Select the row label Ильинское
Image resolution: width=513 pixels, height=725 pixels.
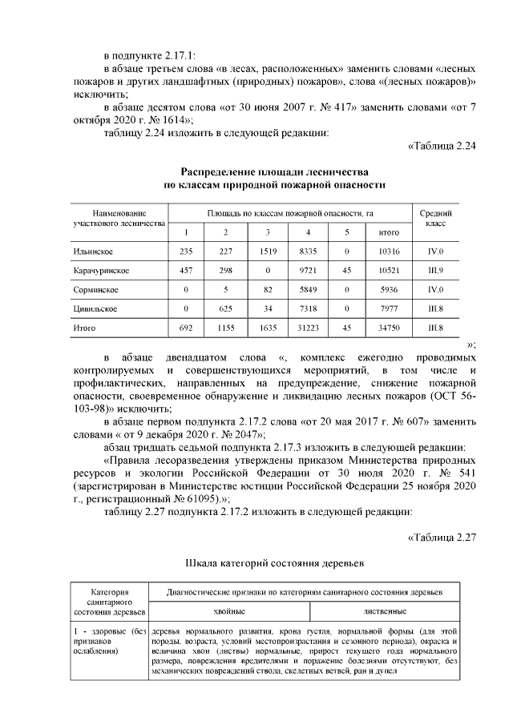tap(89, 252)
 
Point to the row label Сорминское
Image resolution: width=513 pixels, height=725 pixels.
tap(95, 289)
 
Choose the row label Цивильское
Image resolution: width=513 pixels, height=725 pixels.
tap(94, 308)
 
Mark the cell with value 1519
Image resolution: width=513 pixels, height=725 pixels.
tap(267, 252)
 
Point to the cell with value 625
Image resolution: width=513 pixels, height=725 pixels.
tap(226, 308)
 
